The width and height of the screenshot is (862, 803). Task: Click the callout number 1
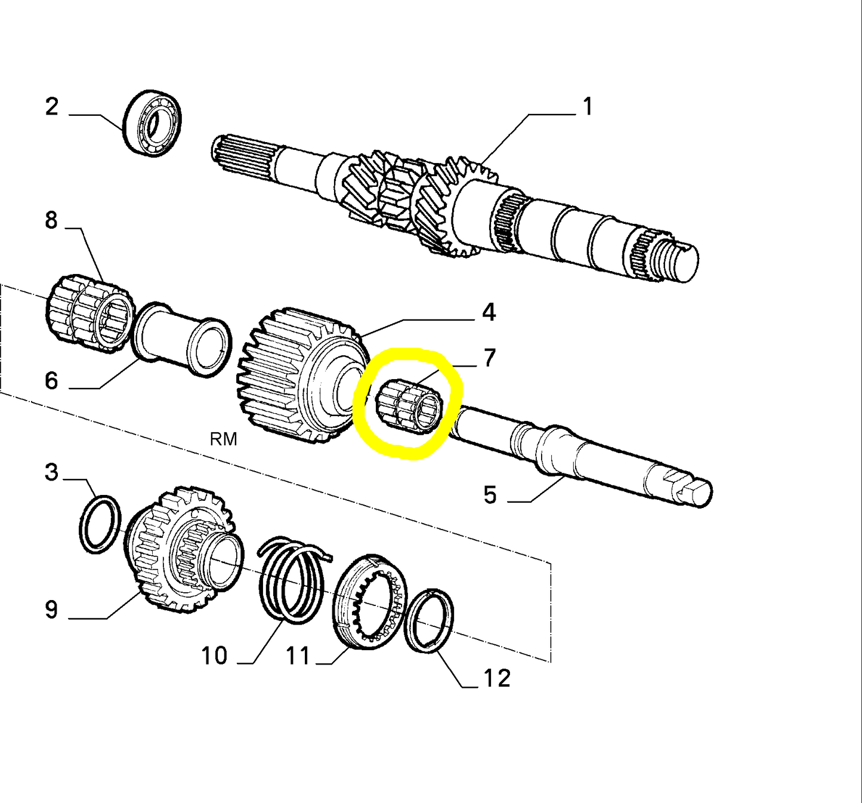coord(588,107)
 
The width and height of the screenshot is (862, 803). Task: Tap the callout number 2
coord(52,107)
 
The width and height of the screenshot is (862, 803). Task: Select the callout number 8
coord(51,220)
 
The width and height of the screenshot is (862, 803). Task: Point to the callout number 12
coord(496,679)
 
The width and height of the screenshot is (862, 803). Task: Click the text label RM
coord(223,439)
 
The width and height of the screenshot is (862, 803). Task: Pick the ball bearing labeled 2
coord(153,124)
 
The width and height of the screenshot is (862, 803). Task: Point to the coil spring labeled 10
coord(292,579)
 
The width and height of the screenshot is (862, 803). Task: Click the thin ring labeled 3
coord(100,524)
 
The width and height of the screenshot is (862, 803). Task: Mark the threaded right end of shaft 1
coord(677,260)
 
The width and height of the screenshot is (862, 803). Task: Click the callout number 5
coord(490,495)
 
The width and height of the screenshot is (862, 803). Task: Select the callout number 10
coord(214,656)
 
